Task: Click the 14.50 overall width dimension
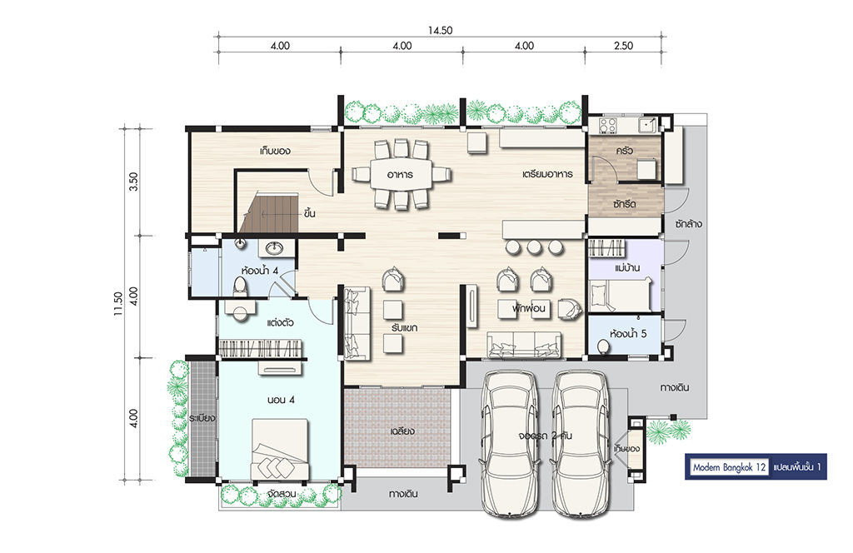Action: [440, 31]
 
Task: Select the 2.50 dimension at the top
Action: [623, 46]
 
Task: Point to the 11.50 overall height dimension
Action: [118, 304]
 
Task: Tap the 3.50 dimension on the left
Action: [133, 181]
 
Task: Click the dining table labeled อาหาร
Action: [401, 174]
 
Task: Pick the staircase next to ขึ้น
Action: [269, 212]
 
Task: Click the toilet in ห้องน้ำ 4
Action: [239, 286]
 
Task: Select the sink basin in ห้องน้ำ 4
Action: [274, 248]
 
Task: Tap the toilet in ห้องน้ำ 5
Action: [603, 346]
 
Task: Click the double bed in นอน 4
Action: [280, 449]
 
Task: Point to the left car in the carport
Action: [510, 443]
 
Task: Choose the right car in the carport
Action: [580, 443]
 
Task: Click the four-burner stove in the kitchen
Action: [608, 125]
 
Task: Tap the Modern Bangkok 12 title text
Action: [729, 467]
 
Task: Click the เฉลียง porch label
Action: [402, 431]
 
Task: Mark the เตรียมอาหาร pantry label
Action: [546, 174]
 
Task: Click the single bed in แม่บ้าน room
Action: [620, 294]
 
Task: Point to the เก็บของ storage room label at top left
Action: [275, 151]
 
